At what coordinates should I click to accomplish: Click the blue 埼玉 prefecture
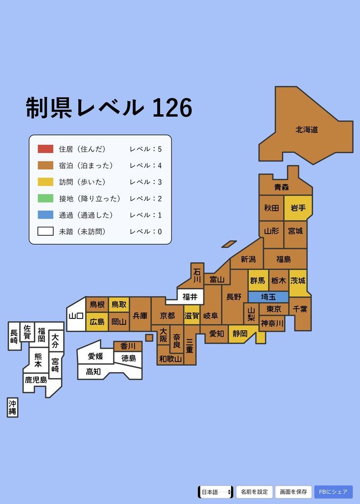[268, 297]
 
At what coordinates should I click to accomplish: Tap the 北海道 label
[306, 129]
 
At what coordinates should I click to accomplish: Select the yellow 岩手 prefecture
[298, 208]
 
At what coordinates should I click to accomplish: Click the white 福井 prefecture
[190, 297]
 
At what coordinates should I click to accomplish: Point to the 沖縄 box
[12, 408]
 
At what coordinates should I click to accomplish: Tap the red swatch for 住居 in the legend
[45, 149]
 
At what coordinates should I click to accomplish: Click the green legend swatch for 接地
[45, 198]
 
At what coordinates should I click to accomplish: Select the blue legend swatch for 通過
[45, 215]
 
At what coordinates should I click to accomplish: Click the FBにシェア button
[333, 492]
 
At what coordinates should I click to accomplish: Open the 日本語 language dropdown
[215, 492]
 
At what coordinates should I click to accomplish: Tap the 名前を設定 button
[254, 492]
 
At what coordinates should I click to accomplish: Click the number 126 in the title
[172, 108]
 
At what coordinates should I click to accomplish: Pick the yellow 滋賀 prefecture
[192, 315]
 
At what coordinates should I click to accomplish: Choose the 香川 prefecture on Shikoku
[128, 346]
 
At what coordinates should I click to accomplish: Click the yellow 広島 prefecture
[97, 322]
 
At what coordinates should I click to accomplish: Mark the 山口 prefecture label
[76, 316]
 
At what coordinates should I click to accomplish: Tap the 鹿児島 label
[36, 380]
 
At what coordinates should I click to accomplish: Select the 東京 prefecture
[273, 309]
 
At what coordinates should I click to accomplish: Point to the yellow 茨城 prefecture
[298, 281]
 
